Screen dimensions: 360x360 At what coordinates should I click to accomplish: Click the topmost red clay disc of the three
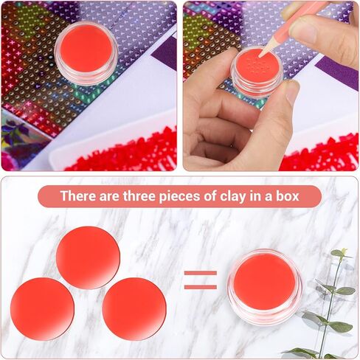coord(88,257)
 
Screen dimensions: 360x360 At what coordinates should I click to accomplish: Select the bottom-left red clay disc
coord(42,309)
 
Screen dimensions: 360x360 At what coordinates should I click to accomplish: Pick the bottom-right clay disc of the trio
coord(134,309)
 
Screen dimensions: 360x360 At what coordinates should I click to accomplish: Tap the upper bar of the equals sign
coord(201,273)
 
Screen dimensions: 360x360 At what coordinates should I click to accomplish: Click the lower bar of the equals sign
coord(201,287)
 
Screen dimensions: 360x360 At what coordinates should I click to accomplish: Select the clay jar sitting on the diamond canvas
coord(86,53)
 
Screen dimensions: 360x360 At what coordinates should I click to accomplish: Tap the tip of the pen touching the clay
coord(260,57)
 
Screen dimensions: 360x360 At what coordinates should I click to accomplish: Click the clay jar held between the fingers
coord(257,72)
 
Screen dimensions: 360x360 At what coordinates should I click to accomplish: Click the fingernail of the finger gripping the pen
coord(302,31)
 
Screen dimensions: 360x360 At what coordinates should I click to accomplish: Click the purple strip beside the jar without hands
coord(165,54)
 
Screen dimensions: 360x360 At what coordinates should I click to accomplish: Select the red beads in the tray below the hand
coord(319,153)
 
